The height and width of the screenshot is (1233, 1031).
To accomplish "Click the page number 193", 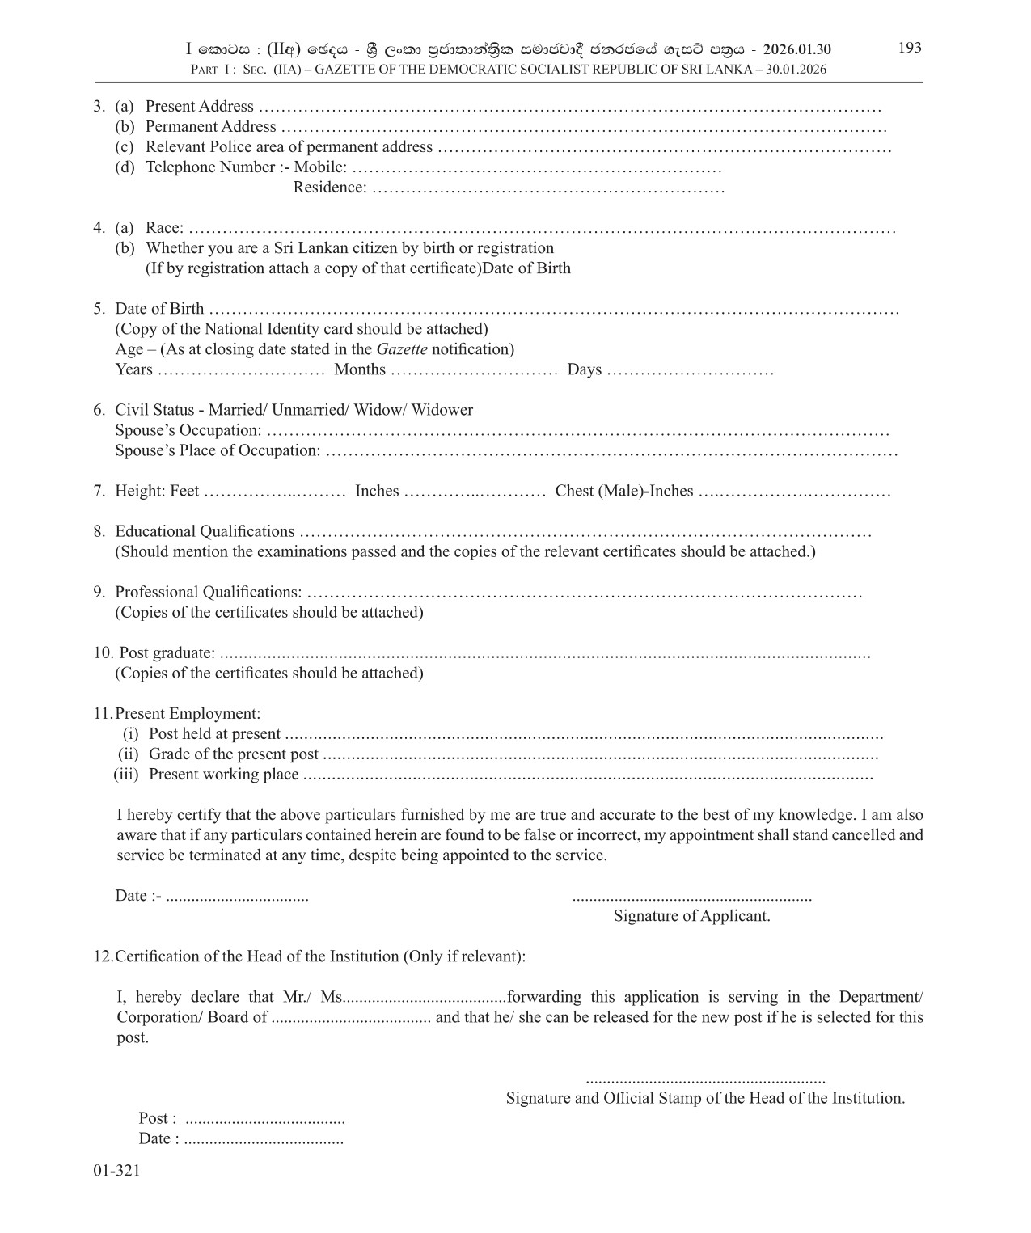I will tap(910, 48).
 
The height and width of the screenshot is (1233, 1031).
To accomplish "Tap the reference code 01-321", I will tap(116, 1170).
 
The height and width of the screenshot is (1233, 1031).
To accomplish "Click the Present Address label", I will tap(199, 107).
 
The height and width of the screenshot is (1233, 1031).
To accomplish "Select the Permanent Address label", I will tap(210, 127).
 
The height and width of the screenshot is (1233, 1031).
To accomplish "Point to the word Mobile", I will tap(320, 167).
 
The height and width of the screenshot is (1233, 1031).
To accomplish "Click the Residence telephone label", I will tap(330, 188).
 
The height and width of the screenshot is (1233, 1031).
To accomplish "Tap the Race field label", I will tap(164, 228).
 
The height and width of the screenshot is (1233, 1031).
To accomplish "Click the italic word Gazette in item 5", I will tap(402, 349).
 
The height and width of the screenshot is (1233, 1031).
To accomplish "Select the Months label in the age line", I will tap(360, 369).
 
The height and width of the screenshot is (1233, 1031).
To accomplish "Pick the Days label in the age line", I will tap(584, 369).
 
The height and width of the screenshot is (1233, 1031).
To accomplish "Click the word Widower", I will tap(442, 410).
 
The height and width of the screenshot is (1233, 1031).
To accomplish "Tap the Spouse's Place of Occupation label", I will tap(218, 450).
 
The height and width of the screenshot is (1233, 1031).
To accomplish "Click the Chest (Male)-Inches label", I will tap(623, 491).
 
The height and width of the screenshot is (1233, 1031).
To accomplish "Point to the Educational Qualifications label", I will tap(205, 531).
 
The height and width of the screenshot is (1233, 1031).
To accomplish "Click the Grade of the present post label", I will tap(234, 754).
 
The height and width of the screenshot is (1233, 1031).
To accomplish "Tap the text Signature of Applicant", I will tap(691, 916).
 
